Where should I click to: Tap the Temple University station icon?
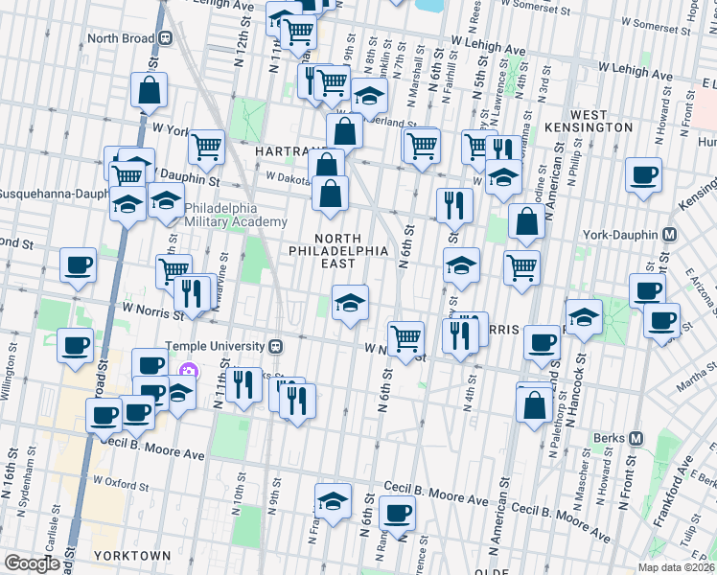coord(275,346)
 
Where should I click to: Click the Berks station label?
coord(606,438)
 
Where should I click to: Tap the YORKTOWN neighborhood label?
coord(132,555)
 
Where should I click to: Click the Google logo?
coord(33,563)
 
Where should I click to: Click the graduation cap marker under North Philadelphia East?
coord(350,302)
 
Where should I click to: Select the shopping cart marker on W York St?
coord(206,147)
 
